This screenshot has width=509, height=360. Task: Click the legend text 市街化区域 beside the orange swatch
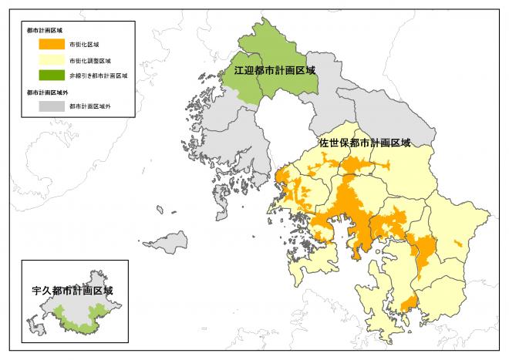[84, 45]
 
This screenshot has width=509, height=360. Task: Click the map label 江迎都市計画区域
[275, 70]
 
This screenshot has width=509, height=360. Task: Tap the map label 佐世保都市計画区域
[365, 143]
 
